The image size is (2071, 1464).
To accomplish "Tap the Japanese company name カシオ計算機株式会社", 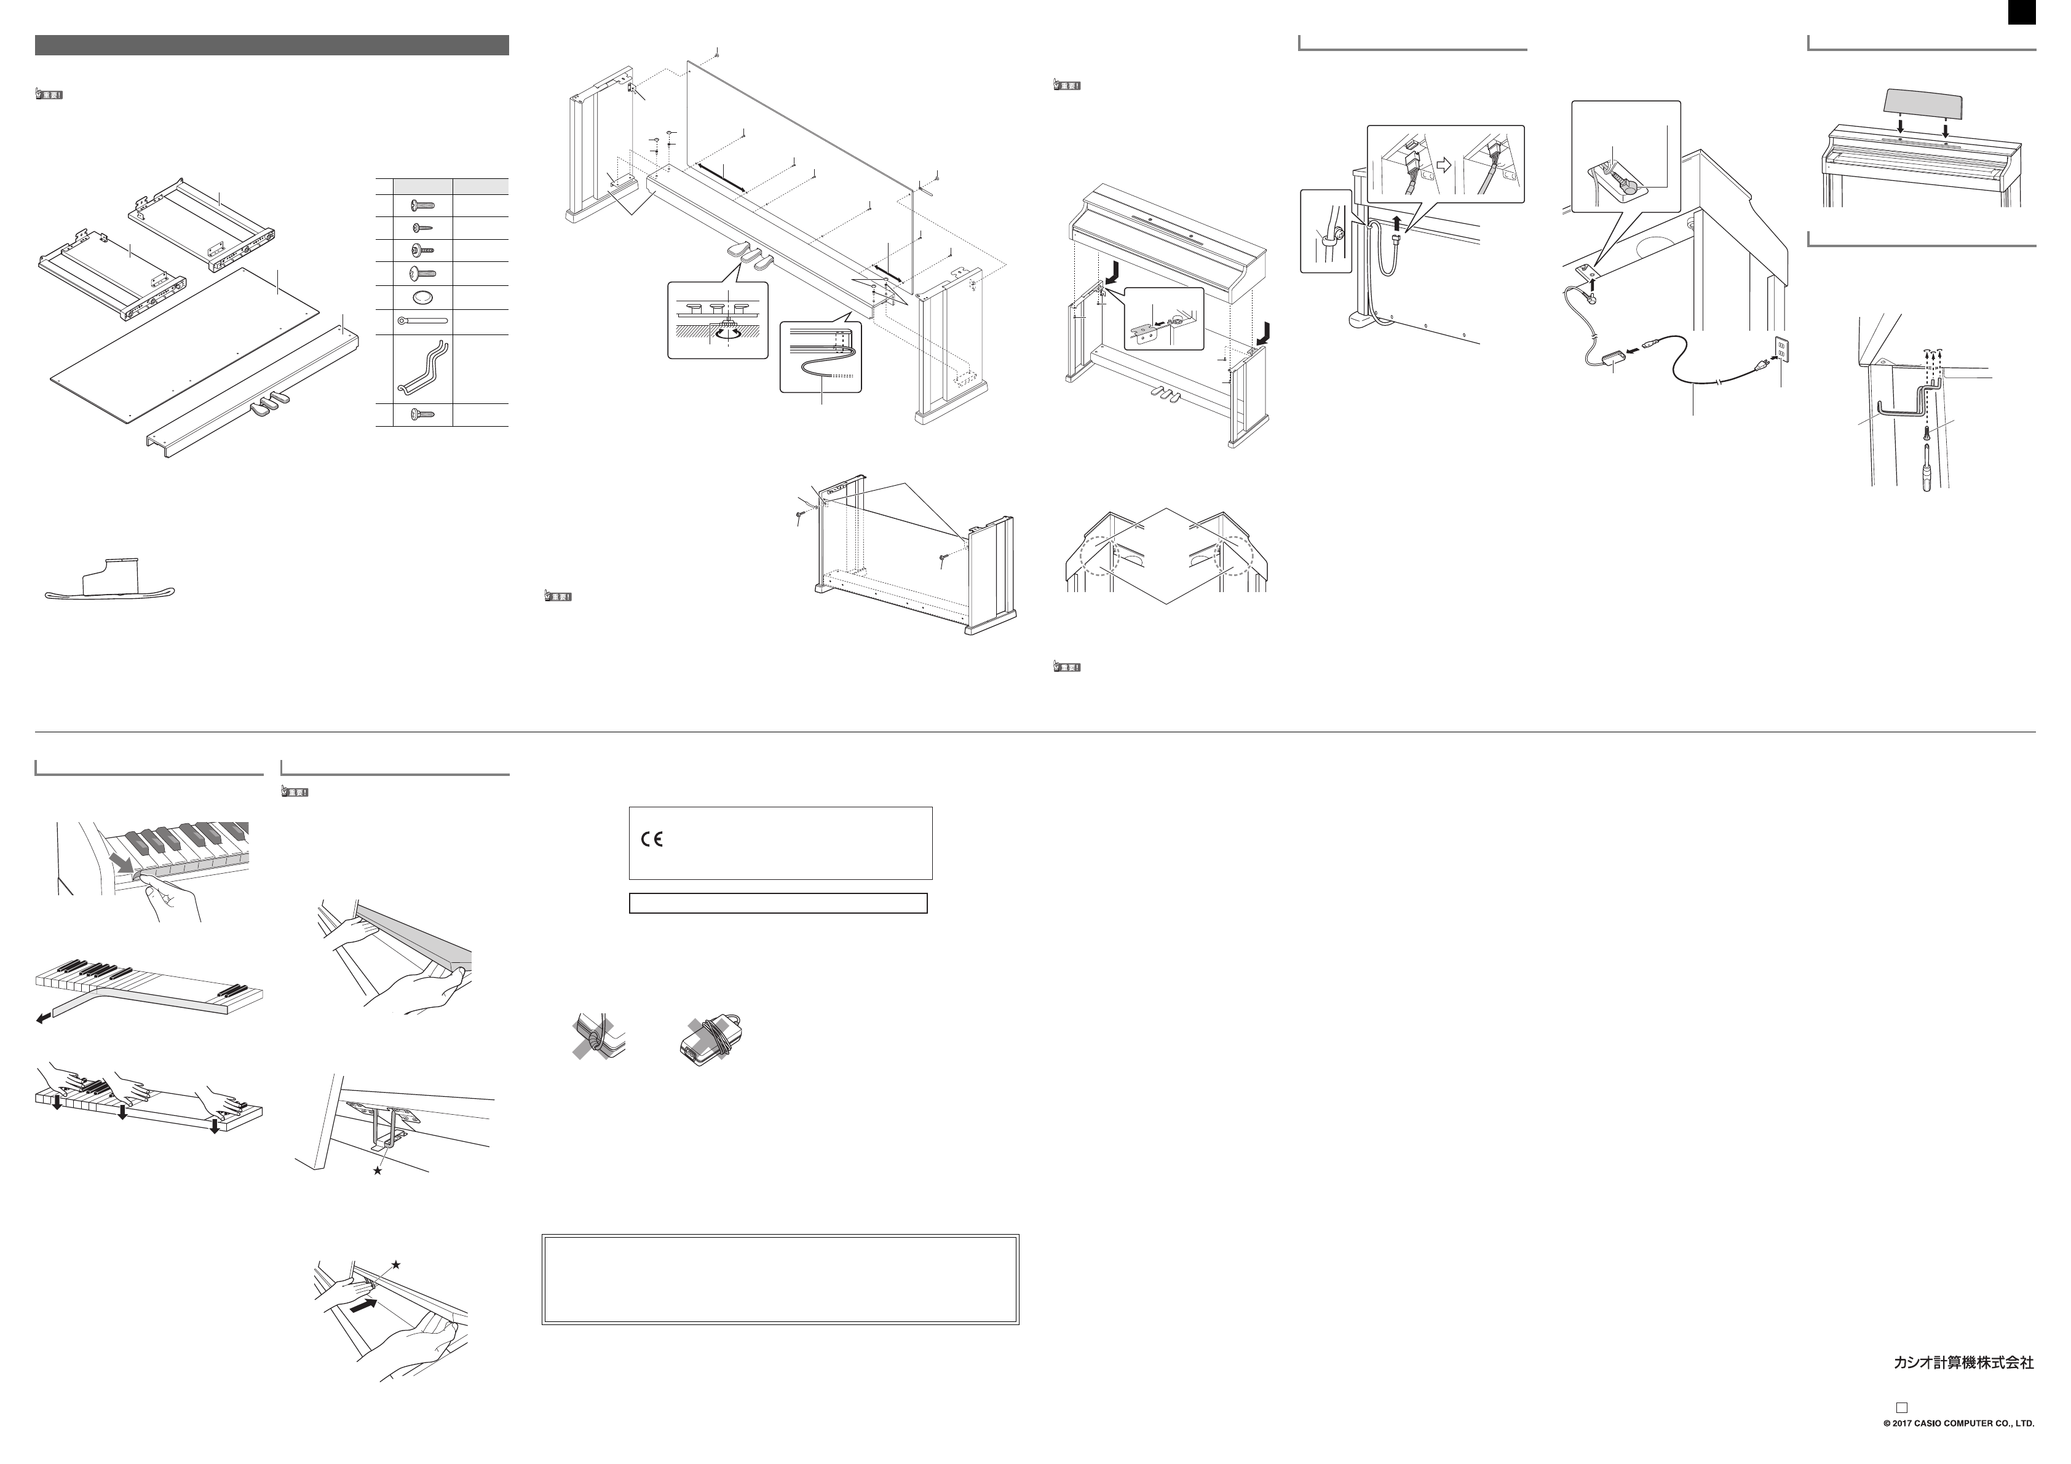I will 1963,1363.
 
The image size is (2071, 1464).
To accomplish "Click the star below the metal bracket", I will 377,1171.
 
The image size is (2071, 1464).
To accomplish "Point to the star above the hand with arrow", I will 395,1265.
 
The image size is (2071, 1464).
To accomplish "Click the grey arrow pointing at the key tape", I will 122,865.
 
